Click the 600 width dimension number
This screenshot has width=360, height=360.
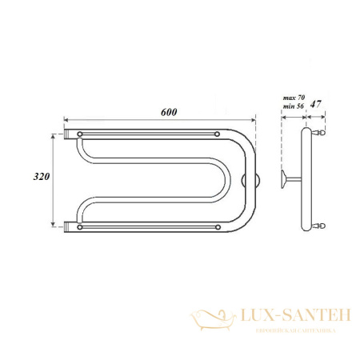coord(167,112)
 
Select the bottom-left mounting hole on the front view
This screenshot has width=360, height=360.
coord(80,227)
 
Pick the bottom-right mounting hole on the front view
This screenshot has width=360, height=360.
coord(218,227)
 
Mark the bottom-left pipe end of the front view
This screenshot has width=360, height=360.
coord(69,227)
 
